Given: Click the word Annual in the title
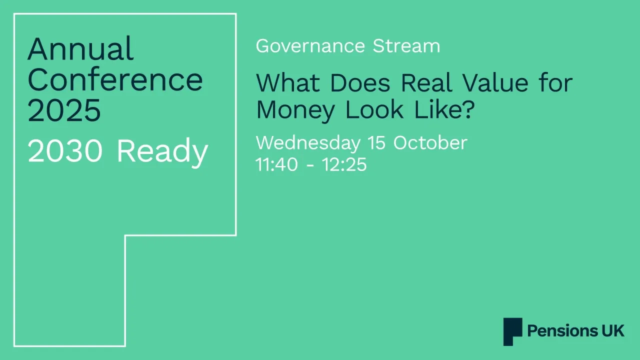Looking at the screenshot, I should tap(80, 49).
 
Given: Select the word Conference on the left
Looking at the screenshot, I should tap(115, 79).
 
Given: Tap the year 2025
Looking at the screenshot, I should tap(64, 110).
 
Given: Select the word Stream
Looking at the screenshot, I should tap(406, 46).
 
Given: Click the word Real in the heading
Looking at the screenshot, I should tap(430, 82).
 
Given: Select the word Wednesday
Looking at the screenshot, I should tap(307, 143).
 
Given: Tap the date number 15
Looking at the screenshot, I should tap(377, 143).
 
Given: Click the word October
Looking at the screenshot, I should tap(430, 143).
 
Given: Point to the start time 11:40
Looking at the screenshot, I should tap(277, 164).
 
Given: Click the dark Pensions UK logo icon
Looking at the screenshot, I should tap(512, 331).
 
